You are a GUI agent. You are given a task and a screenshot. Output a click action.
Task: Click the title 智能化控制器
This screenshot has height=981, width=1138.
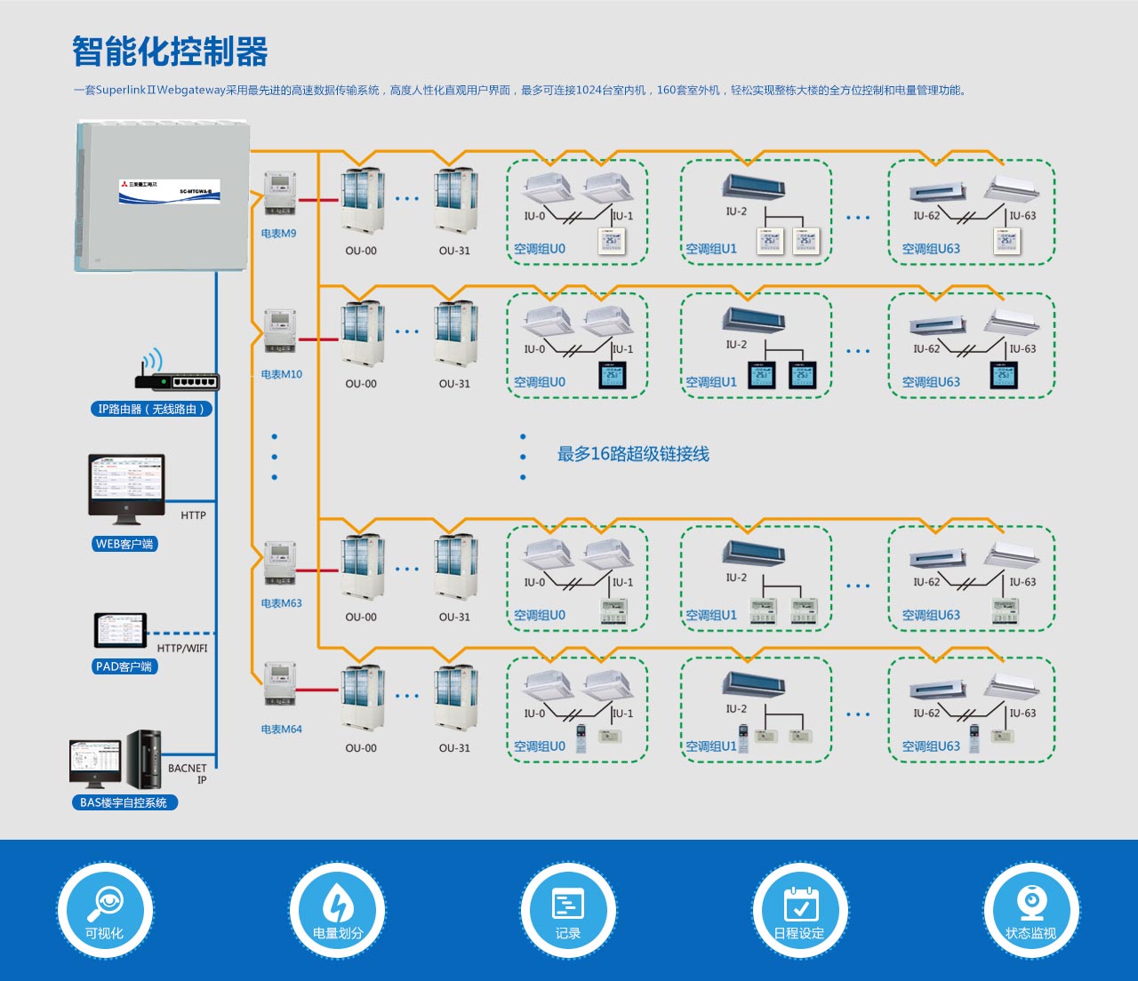(170, 52)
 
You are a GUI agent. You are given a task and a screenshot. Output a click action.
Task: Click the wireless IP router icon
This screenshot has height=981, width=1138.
(176, 375)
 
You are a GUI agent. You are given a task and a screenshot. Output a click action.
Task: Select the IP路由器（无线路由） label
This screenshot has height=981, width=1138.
(152, 410)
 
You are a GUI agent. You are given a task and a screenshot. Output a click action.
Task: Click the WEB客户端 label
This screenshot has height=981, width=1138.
(124, 544)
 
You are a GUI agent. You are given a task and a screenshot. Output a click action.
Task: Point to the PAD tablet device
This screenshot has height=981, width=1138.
(120, 630)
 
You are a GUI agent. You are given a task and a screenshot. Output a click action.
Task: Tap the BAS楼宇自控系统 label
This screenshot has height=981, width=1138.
(124, 802)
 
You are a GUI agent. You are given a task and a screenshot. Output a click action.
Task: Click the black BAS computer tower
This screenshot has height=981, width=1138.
(143, 760)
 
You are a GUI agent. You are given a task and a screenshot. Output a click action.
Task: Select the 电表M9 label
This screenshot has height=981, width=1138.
(279, 234)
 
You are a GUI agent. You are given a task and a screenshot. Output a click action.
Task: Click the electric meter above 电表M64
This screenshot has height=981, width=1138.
(280, 684)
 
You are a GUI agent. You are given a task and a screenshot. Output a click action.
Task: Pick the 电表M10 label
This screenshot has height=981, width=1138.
(282, 375)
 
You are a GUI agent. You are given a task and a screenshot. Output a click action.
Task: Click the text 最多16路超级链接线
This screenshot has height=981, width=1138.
(633, 454)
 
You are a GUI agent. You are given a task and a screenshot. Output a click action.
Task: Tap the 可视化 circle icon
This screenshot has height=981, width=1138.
(105, 911)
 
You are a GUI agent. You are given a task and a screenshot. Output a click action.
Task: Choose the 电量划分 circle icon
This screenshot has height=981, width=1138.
(337, 911)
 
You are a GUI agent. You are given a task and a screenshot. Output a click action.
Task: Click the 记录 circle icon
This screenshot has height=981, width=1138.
(568, 911)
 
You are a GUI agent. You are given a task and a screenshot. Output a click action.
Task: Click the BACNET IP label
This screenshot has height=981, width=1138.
(188, 774)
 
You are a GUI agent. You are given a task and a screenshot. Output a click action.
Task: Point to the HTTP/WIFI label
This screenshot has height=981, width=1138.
(182, 649)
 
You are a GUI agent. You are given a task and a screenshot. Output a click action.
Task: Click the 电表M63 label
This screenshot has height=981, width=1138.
(282, 603)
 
